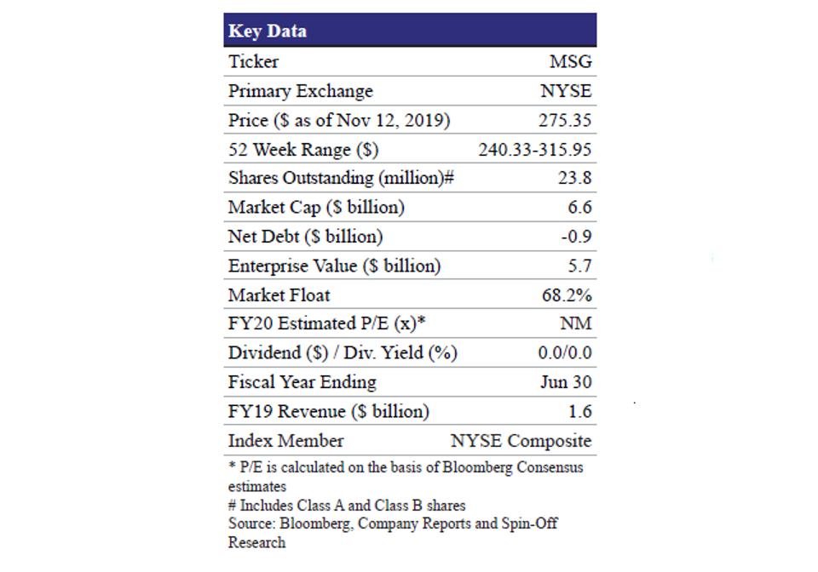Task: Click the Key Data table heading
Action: point(268,31)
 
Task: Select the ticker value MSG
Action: point(570,61)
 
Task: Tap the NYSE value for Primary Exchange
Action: point(566,91)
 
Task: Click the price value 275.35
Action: point(565,120)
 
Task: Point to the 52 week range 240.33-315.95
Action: point(535,150)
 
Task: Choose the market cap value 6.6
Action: point(579,207)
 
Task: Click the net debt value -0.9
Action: point(576,237)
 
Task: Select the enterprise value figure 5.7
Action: point(579,266)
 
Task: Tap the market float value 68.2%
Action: point(567,295)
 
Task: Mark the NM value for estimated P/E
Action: point(575,323)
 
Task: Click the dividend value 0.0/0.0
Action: point(565,352)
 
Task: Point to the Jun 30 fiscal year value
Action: point(566,382)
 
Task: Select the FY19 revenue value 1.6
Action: point(579,411)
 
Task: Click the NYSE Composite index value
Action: point(521,441)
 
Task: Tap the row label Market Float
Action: point(279,295)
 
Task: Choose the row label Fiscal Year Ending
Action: point(302,382)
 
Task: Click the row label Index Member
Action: point(285,441)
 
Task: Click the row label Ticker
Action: point(253,61)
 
